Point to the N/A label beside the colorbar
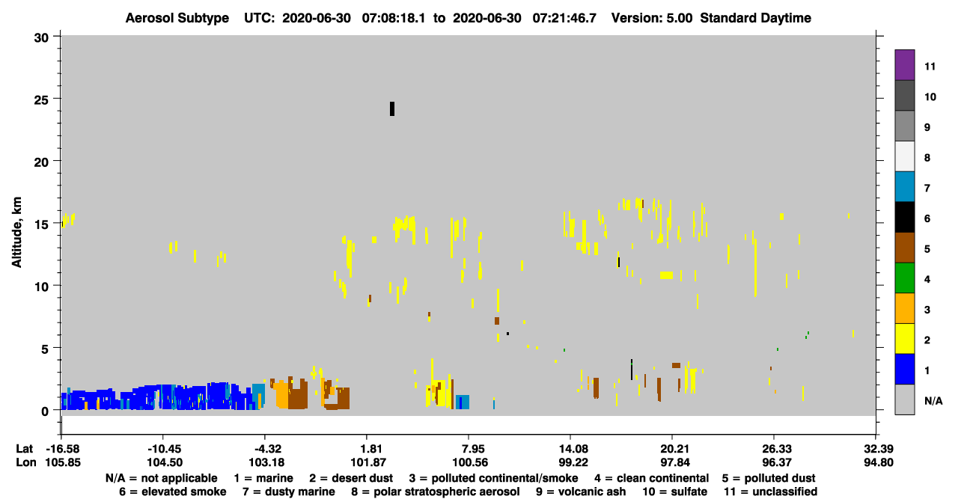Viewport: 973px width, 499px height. tap(933, 401)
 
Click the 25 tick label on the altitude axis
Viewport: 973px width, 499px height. tap(41, 100)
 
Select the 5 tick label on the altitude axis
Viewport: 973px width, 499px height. tap(45, 349)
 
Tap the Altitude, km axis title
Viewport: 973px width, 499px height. tap(16, 233)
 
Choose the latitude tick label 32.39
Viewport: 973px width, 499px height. tap(878, 449)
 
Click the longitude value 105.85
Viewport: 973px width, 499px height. tap(63, 462)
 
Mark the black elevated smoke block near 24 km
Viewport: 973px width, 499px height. tap(392, 108)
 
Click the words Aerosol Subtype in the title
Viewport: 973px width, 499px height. tap(177, 18)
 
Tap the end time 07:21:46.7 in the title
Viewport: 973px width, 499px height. tap(564, 18)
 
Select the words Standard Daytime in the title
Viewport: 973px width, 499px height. tap(756, 18)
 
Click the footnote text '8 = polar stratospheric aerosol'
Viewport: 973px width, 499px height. tap(436, 492)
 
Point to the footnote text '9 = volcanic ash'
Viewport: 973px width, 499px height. tap(581, 492)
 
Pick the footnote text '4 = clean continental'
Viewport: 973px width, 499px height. tap(652, 478)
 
